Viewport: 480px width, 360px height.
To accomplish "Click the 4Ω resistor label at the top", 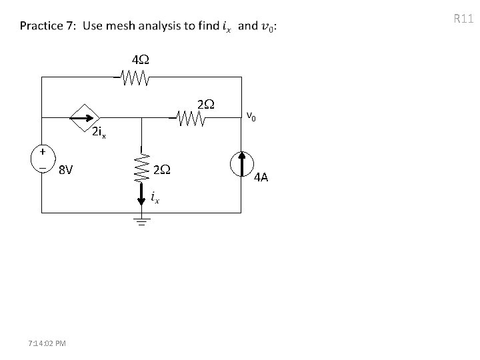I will pos(140,61).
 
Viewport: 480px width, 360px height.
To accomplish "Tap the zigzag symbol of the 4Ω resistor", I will pos(135,80).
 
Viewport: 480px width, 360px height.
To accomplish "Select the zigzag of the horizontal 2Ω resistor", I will pos(191,119).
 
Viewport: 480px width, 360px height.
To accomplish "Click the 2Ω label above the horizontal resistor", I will pos(205,104).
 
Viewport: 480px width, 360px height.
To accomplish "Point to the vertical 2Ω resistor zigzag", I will pos(141,170).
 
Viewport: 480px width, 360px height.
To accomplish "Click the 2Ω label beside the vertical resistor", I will pos(162,170).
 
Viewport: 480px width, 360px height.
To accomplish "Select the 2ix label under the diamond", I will pos(99,133).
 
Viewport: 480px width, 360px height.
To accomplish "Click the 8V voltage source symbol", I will pos(41,160).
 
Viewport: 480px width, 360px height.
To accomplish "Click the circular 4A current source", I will pos(241,165).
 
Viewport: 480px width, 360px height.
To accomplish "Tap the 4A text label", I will pos(261,177).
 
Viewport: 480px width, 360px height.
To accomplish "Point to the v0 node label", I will pos(250,117).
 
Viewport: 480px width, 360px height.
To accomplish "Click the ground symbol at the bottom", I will pos(141,221).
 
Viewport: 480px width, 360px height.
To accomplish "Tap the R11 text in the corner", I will pos(463,18).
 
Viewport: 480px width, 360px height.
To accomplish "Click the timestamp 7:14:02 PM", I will pos(47,343).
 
